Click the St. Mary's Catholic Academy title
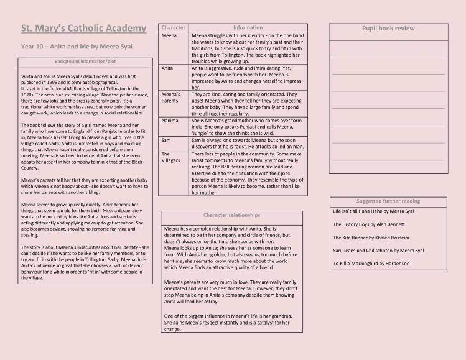coord(84,29)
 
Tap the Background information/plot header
coord(85,62)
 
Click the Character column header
coord(174,28)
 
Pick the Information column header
coord(248,28)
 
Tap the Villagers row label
coord(171,157)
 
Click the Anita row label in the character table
coord(167,68)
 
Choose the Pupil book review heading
coord(388,29)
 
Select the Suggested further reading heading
coord(388,201)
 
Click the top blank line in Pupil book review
coord(388,56)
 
